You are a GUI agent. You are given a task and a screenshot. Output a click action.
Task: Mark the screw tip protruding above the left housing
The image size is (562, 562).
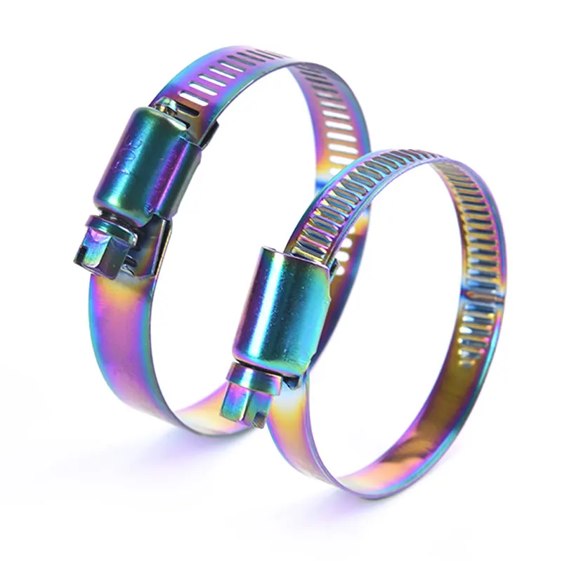[169, 105]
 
